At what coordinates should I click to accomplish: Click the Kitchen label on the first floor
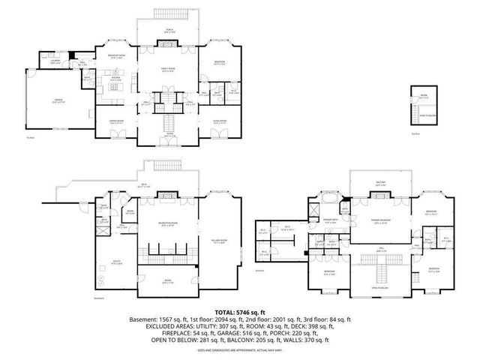(x=115, y=79)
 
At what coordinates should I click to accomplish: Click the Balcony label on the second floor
(x=380, y=184)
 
